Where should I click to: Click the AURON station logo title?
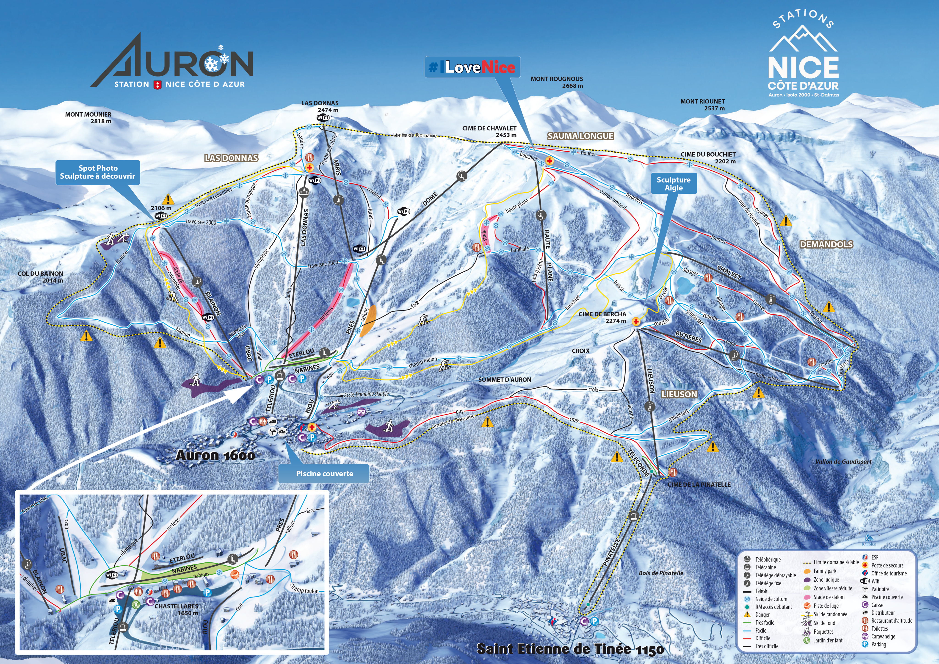click(172, 61)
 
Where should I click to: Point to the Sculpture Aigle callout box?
click(673, 184)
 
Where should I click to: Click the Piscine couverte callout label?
click(324, 473)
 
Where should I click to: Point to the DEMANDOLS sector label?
click(826, 244)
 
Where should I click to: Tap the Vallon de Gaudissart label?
click(843, 462)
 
